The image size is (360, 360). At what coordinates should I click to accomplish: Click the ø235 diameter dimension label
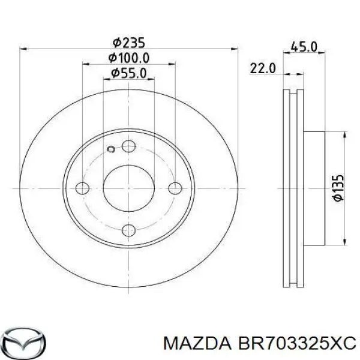(x=128, y=43)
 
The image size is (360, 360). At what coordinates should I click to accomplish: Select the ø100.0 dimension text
(x=128, y=58)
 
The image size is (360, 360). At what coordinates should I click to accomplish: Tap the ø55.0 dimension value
(x=128, y=74)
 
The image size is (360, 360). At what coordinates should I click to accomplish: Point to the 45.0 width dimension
(x=304, y=46)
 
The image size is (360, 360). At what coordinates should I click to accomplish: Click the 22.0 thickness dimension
(x=263, y=69)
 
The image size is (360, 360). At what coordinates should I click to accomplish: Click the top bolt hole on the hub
(x=128, y=146)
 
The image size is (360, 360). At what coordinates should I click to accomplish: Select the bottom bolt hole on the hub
(x=128, y=230)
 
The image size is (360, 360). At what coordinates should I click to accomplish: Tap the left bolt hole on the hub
(x=84, y=188)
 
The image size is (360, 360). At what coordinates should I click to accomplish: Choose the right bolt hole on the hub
(x=175, y=188)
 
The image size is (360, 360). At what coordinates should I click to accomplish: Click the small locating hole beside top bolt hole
(x=110, y=149)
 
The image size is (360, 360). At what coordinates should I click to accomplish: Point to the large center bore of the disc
(x=128, y=188)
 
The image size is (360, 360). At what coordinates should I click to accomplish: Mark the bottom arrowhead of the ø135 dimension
(x=344, y=241)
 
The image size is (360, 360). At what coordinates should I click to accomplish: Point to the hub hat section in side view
(x=315, y=188)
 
